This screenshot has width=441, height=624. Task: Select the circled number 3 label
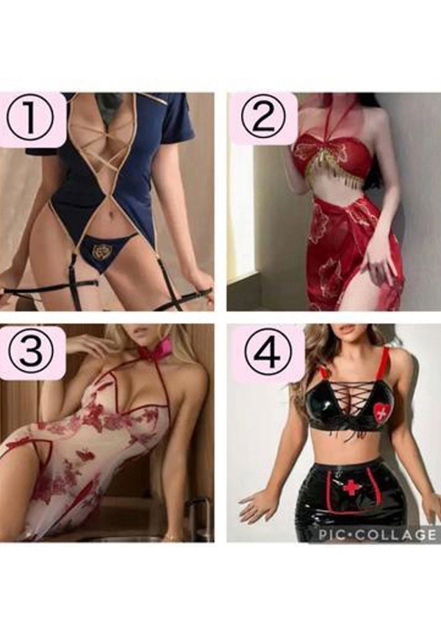pyautogui.click(x=32, y=349)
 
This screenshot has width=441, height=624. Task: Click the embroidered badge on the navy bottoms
pyautogui.click(x=98, y=252)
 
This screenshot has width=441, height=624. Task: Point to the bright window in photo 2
pyautogui.click(x=238, y=207)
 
